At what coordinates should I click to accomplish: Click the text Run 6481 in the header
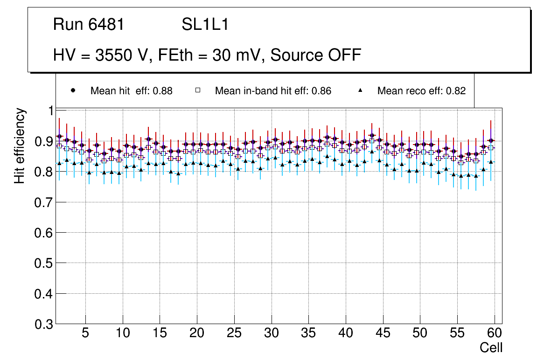89,25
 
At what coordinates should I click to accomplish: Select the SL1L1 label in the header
205,25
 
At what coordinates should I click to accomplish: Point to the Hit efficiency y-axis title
20,145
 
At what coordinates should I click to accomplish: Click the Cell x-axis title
491,347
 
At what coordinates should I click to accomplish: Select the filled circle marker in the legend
72,90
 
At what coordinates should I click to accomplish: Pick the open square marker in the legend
197,90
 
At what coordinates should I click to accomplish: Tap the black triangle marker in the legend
360,90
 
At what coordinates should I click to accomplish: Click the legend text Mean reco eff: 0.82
421,91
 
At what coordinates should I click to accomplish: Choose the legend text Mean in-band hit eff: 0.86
273,91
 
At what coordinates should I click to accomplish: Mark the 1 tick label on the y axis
49,111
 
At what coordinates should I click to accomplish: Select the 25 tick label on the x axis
234,333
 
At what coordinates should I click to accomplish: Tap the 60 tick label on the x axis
495,333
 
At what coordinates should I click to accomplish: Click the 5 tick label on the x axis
85,333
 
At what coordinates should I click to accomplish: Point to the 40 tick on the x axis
346,333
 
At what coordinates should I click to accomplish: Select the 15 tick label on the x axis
160,333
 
